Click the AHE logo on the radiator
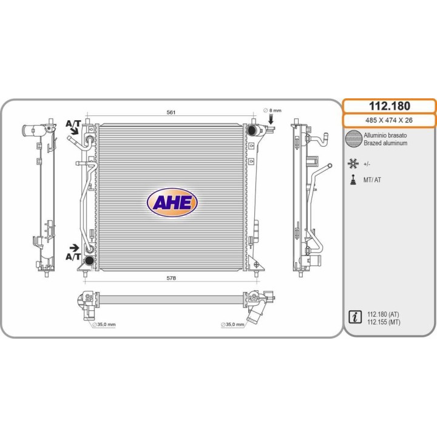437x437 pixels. [x=172, y=202]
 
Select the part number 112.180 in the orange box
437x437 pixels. [x=389, y=106]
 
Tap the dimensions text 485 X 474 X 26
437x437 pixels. [x=389, y=120]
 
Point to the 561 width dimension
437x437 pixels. [x=171, y=112]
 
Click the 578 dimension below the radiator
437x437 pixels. [x=171, y=278]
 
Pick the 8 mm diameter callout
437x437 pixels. [x=273, y=110]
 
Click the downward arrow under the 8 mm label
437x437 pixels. [x=271, y=119]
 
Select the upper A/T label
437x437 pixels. [x=73, y=123]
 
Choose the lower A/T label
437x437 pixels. [x=73, y=257]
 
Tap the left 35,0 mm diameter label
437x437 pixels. [x=104, y=324]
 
